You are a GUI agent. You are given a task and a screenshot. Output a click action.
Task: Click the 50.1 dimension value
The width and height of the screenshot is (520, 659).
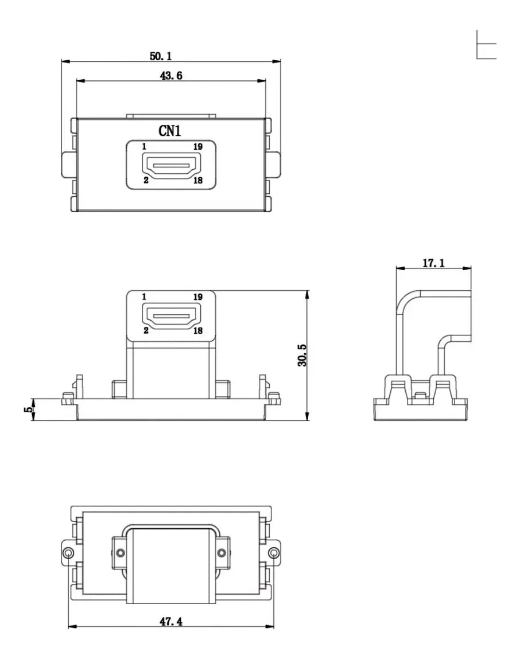[160, 56]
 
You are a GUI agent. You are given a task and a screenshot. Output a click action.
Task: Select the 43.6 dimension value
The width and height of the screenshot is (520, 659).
[171, 76]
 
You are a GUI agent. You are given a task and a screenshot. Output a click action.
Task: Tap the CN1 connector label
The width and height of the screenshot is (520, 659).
[169, 131]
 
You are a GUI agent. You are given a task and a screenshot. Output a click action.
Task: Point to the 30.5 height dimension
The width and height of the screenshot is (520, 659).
[302, 355]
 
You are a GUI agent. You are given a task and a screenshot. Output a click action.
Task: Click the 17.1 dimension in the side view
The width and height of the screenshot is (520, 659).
[433, 263]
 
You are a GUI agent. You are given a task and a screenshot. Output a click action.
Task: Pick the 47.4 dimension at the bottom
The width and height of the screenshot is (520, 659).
[171, 621]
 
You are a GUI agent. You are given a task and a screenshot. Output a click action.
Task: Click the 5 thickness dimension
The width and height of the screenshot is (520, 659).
[28, 410]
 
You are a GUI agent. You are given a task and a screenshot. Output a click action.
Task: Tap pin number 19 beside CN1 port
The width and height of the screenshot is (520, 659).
[198, 147]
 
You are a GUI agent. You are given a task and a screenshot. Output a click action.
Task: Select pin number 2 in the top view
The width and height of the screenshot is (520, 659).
[146, 180]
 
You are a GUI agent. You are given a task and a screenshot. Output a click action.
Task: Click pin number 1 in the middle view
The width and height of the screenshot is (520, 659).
[144, 297]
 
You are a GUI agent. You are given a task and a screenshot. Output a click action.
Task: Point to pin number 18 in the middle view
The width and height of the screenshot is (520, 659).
[198, 331]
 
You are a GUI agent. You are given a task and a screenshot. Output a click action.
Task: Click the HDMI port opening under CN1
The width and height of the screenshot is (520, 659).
[171, 165]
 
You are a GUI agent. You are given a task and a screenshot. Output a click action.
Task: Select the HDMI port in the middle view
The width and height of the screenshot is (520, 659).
[171, 315]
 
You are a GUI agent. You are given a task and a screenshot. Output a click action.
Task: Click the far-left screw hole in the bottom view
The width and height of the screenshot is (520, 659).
[68, 553]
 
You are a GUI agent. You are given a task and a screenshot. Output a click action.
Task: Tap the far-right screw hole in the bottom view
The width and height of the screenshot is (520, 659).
[274, 553]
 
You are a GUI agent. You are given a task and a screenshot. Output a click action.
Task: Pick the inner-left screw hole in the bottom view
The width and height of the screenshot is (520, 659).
[121, 553]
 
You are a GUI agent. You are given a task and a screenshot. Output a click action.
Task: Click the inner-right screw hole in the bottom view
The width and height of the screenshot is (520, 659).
[222, 553]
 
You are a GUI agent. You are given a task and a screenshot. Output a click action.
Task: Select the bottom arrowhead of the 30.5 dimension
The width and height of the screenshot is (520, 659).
[308, 416]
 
